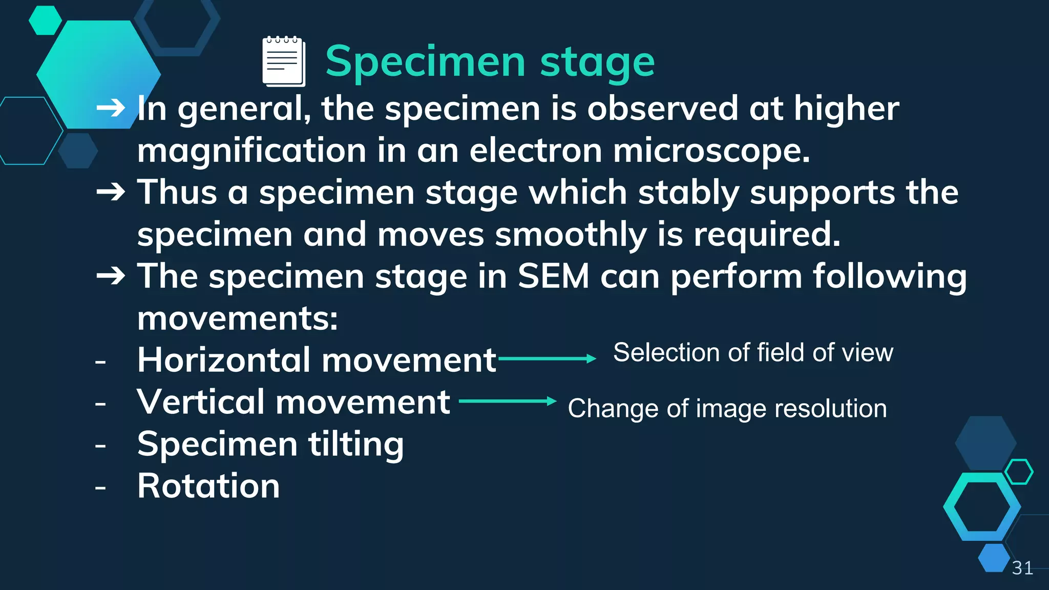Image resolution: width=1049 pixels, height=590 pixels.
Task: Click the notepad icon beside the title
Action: pyautogui.click(x=284, y=61)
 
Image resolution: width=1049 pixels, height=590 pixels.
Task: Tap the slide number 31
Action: pyautogui.click(x=1022, y=568)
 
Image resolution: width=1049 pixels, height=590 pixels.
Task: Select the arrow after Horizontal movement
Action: pyautogui.click(x=547, y=359)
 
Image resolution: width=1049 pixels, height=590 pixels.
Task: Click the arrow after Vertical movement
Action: pyautogui.click(x=507, y=401)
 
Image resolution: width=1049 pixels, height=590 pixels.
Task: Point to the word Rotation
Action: pyautogui.click(x=208, y=486)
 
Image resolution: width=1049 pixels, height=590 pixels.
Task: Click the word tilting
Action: pyautogui.click(x=356, y=445)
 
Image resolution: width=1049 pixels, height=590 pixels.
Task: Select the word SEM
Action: pyautogui.click(x=553, y=277)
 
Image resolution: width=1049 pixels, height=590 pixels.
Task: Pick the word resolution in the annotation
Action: pyautogui.click(x=830, y=409)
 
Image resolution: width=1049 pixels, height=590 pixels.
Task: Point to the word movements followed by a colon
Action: pyautogui.click(x=237, y=319)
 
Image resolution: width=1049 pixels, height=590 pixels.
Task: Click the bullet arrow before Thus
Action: pyautogui.click(x=111, y=192)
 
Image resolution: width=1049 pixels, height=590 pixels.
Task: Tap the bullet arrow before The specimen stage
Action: pyautogui.click(x=111, y=276)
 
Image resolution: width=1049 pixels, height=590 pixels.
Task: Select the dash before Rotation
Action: pyautogui.click(x=100, y=487)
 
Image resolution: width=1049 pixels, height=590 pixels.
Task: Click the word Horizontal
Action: pyautogui.click(x=224, y=360)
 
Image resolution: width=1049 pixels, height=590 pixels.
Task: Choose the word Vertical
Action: pyautogui.click(x=200, y=402)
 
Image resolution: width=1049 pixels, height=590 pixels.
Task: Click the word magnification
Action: pyautogui.click(x=251, y=152)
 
